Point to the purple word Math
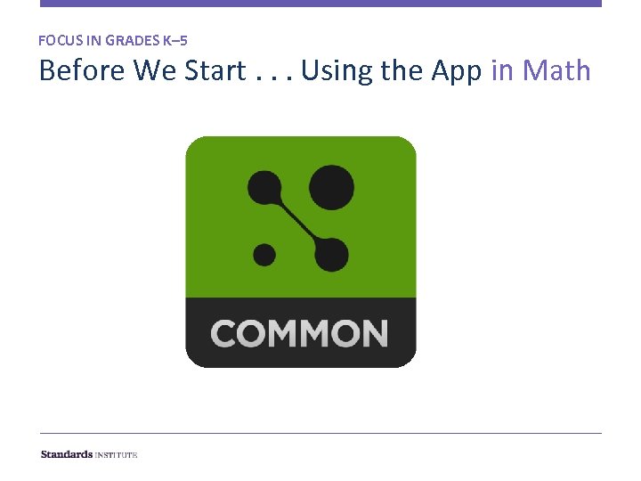pos(556,70)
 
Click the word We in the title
pos(155,70)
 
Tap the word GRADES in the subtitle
pos(132,40)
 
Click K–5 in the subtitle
pos(175,40)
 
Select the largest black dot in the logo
pos(330,188)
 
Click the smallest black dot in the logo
pos(264,255)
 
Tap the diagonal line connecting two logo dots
pos(297,220)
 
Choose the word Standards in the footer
pos(67,454)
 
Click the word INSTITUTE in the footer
pos(117,454)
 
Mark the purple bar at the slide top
pos(320,4)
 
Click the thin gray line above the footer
pos(320,434)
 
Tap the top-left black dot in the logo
pos(264,187)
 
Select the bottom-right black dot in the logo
pos(330,254)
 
